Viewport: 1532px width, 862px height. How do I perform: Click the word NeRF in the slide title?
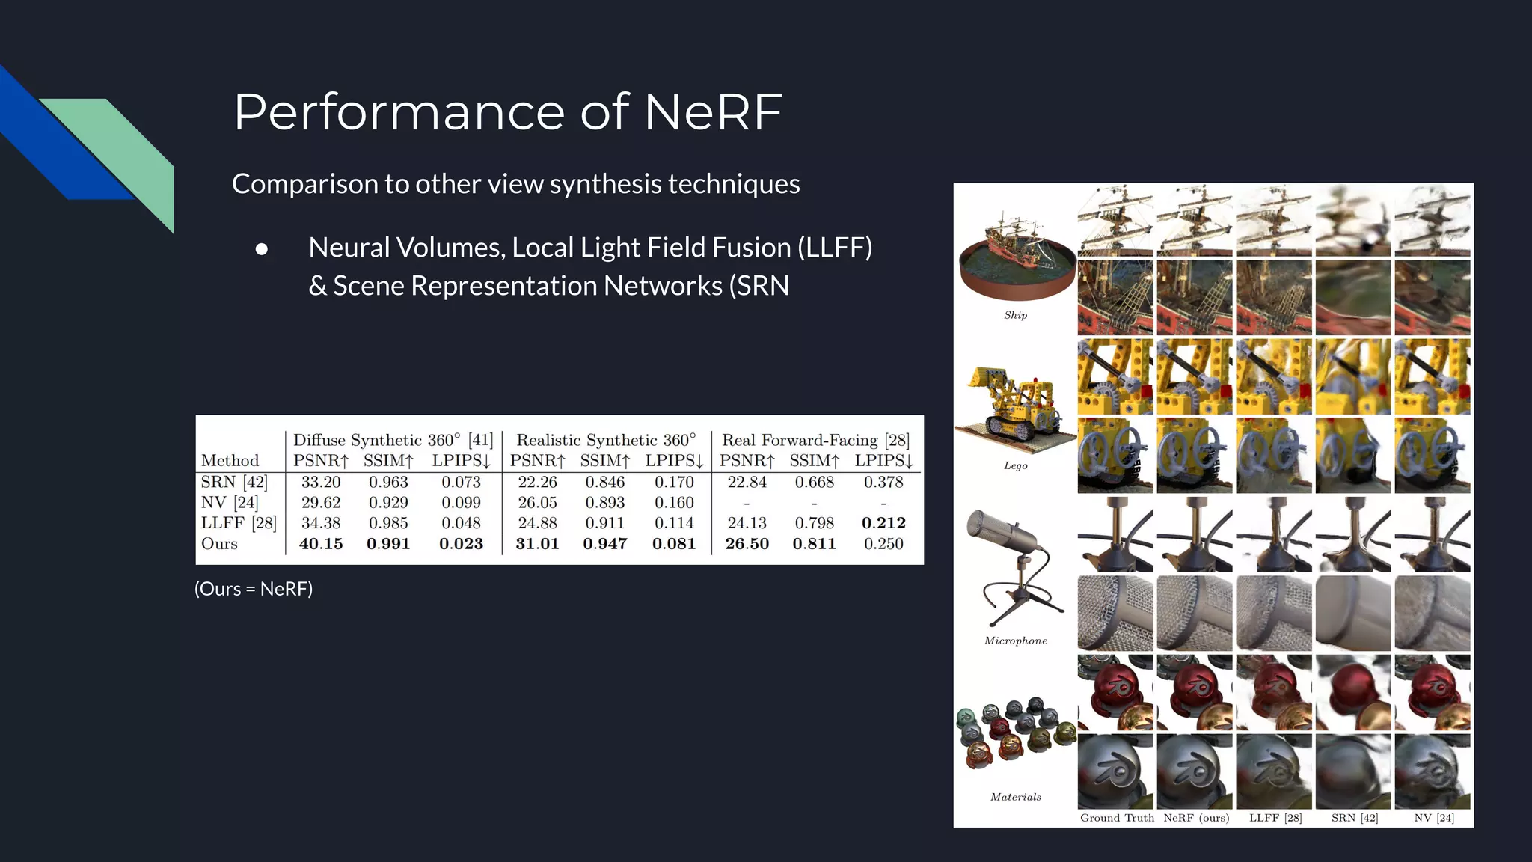click(x=712, y=112)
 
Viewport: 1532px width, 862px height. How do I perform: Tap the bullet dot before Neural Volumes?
click(x=261, y=249)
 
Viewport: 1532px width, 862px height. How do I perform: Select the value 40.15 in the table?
click(x=321, y=544)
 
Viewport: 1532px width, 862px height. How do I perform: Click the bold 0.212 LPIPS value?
click(x=883, y=523)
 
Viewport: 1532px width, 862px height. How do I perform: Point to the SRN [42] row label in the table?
click(x=233, y=483)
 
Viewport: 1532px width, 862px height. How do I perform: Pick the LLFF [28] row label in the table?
click(x=238, y=523)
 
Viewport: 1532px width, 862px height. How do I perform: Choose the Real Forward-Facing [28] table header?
click(x=815, y=440)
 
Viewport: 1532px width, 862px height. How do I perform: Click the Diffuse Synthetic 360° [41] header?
click(x=393, y=440)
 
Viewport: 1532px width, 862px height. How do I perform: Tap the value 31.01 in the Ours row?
click(x=537, y=544)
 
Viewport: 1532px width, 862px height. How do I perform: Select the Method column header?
click(x=230, y=461)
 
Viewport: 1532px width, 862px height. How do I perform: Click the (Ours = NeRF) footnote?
click(x=254, y=589)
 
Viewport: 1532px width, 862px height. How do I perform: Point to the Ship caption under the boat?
click(x=1015, y=315)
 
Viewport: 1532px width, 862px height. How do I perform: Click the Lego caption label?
click(x=1015, y=465)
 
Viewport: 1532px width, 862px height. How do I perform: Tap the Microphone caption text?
click(x=1015, y=641)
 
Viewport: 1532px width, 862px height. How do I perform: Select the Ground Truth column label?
click(x=1117, y=818)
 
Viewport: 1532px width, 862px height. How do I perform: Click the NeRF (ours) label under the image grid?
click(x=1196, y=818)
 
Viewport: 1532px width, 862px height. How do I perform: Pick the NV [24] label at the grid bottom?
click(x=1433, y=818)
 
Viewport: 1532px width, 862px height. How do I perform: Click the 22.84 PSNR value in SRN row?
click(x=747, y=483)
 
